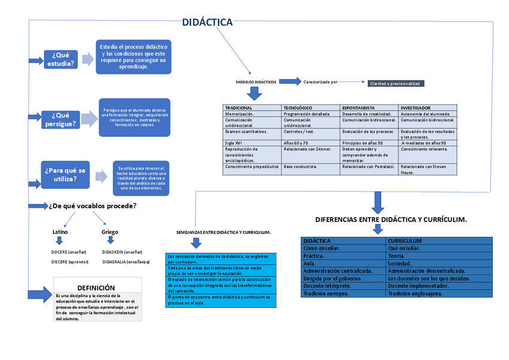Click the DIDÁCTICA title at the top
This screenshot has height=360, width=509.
click(207, 22)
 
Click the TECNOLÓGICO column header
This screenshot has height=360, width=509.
click(298, 108)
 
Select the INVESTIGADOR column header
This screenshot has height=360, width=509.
click(415, 108)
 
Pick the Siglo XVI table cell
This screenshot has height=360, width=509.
click(234, 143)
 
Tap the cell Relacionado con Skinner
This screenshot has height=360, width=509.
click(307, 149)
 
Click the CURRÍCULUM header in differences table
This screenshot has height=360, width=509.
click(405, 241)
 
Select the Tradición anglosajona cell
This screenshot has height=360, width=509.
click(415, 293)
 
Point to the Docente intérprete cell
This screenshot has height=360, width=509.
click(327, 286)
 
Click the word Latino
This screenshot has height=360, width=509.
click(60, 231)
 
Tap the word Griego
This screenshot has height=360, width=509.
click(110, 231)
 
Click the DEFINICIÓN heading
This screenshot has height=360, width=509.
click(96, 288)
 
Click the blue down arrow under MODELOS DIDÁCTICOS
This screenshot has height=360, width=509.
click(255, 93)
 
